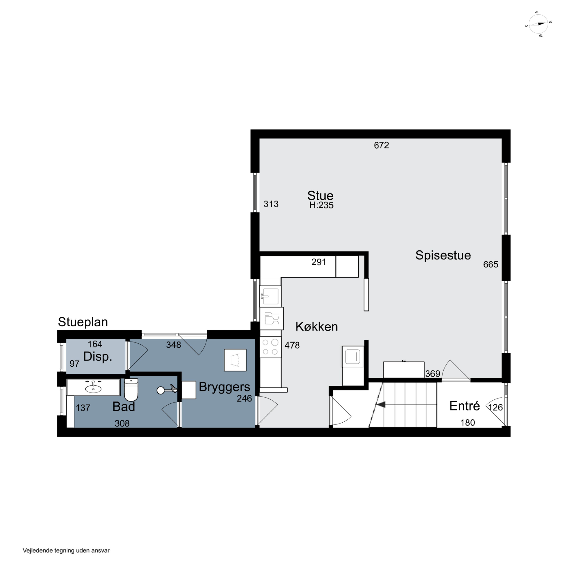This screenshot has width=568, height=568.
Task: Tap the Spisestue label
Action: [x=443, y=255]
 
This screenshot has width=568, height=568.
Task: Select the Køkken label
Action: [x=316, y=327]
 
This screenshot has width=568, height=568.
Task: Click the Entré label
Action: [x=464, y=406]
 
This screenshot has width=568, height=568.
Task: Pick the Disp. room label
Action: [x=98, y=357]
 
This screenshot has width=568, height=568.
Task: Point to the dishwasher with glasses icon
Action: [x=272, y=319]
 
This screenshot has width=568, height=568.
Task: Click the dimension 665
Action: [x=491, y=264]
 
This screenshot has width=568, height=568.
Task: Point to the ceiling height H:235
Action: [x=321, y=205]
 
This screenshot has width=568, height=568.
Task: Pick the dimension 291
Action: [x=319, y=262]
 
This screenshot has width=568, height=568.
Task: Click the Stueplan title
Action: [x=83, y=322]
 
